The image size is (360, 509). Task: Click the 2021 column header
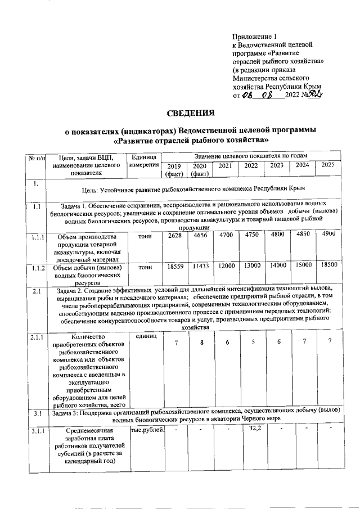[225, 166]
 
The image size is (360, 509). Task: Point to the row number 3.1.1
[37, 433]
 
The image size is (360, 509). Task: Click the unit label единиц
[143, 335]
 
